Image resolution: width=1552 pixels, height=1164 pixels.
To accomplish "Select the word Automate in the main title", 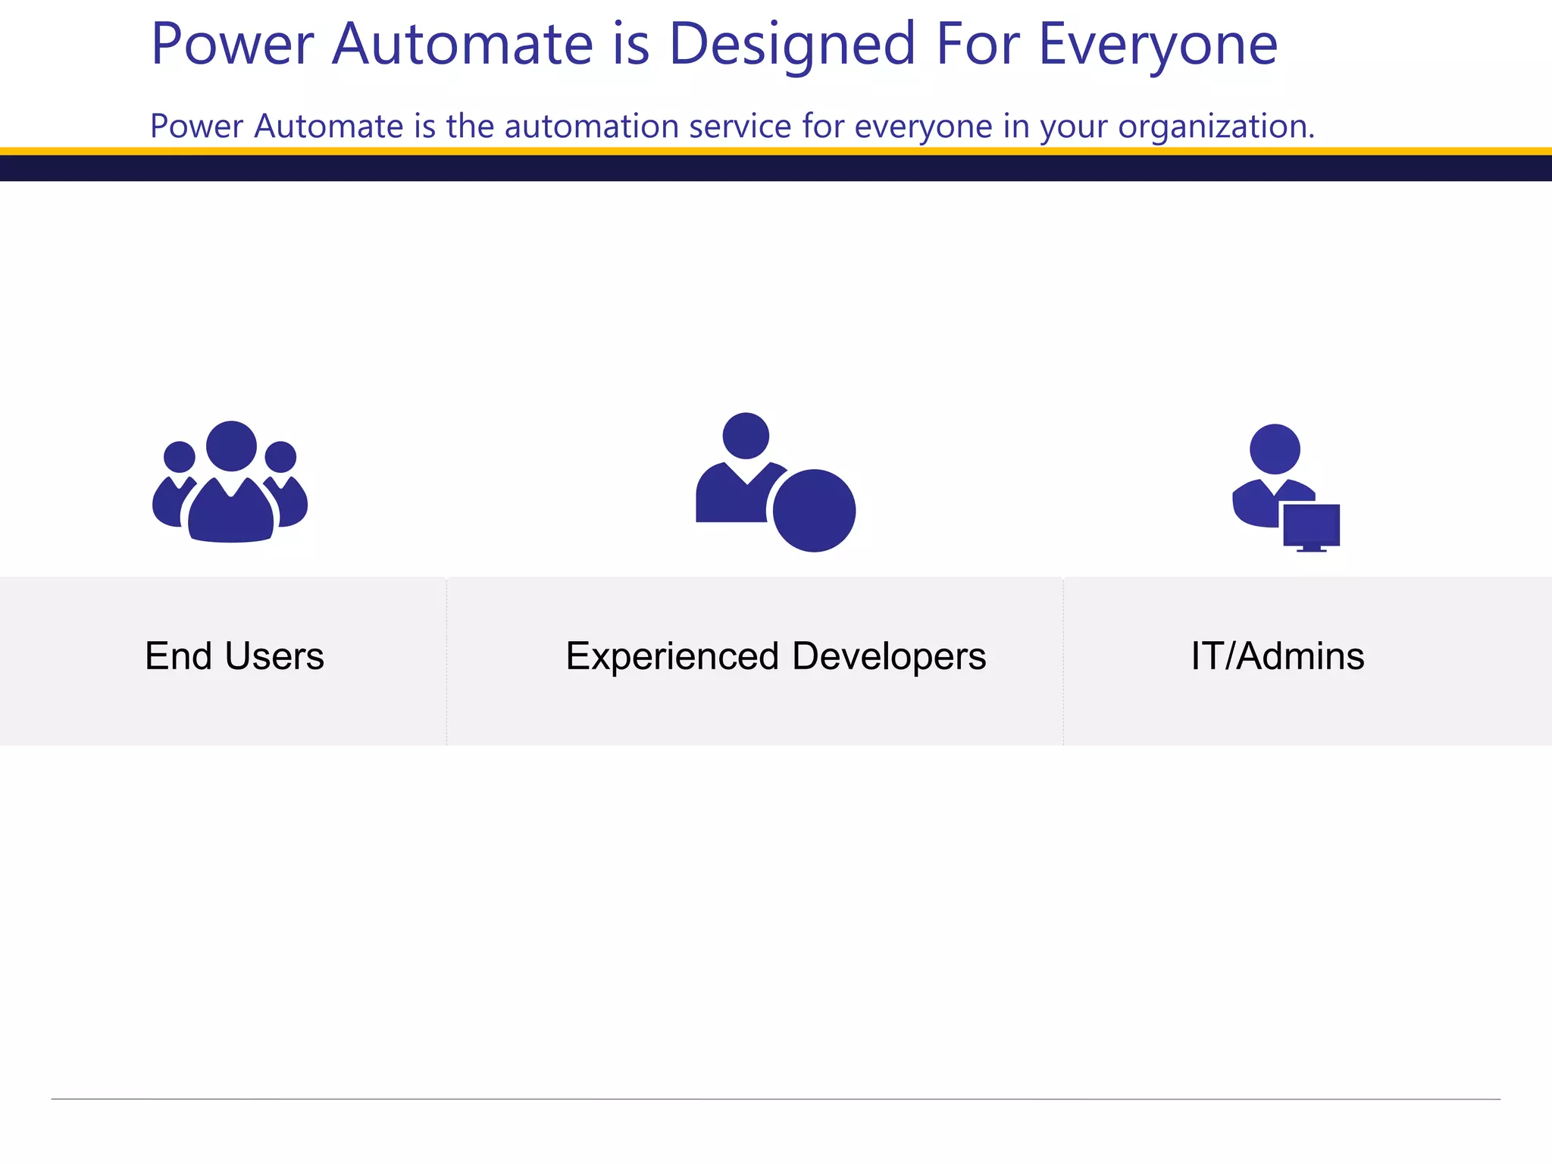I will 462,44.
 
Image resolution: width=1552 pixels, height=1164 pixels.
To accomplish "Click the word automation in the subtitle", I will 591,126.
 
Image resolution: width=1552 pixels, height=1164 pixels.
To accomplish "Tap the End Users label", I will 234,656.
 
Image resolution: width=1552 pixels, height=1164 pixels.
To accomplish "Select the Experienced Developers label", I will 775,656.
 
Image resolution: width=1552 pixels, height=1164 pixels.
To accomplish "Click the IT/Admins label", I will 1277,656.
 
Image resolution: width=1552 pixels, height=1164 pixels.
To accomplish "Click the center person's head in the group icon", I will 231,446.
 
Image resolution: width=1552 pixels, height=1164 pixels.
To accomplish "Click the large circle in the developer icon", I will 814,511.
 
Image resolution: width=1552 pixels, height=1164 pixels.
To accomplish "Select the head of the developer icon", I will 746,436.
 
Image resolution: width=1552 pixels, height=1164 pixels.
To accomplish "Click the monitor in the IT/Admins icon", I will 1311,524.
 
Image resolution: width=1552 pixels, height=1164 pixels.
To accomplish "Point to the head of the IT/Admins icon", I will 1275,449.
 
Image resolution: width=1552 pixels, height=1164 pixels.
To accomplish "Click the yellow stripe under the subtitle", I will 776,152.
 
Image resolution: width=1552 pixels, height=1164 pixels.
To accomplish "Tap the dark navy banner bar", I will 776,168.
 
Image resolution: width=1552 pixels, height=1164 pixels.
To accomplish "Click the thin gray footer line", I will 776,1099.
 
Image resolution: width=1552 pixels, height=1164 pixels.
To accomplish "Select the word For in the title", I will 977,44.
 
